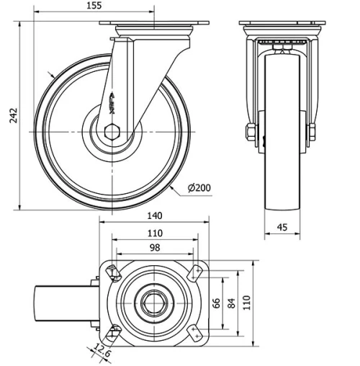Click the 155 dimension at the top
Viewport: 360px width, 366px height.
(x=92, y=6)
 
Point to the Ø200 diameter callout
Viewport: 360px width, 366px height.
(x=199, y=189)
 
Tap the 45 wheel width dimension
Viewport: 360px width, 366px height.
(x=282, y=228)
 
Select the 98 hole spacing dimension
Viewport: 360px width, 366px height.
(x=155, y=248)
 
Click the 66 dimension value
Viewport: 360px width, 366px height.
(x=216, y=303)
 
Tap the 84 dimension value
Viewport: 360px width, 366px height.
(x=230, y=303)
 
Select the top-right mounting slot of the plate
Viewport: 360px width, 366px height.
(x=194, y=273)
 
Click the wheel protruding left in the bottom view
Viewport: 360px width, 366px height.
(x=65, y=303)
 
